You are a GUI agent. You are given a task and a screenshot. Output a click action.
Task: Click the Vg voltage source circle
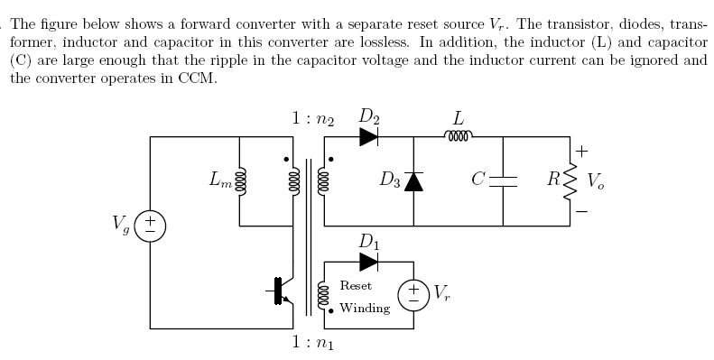click(150, 225)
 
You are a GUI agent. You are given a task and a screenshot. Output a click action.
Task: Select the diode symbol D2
click(368, 137)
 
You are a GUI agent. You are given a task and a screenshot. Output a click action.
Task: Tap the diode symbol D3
click(413, 181)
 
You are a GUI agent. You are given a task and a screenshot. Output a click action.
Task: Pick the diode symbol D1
click(368, 262)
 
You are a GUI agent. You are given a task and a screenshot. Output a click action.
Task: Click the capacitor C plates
click(503, 181)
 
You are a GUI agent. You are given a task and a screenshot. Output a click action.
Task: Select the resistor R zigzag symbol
click(570, 181)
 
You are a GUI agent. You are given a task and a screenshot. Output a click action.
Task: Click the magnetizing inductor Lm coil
click(239, 181)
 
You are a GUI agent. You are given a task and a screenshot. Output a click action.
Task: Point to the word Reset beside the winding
click(356, 286)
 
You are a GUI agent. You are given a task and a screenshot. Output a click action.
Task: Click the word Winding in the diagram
click(365, 308)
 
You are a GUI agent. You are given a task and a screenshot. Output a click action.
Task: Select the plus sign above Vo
click(582, 150)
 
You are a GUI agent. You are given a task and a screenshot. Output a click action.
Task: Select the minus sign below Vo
click(582, 212)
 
